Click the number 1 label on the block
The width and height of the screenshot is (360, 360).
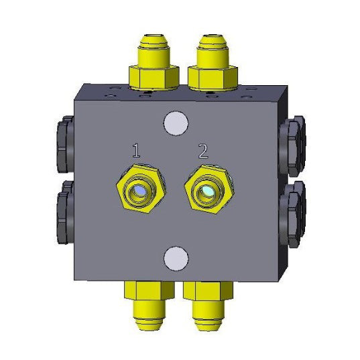tap(137, 150)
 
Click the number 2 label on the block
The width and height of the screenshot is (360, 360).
tap(202, 150)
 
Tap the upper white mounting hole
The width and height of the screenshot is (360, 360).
tap(175, 122)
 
